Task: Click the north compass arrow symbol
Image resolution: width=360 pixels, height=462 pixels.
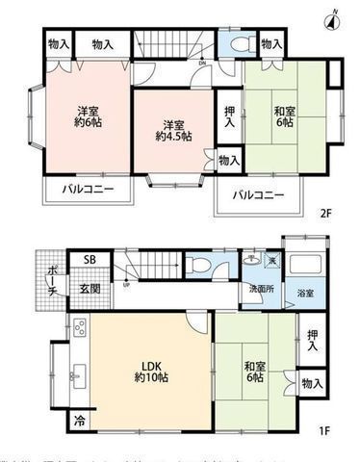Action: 334,16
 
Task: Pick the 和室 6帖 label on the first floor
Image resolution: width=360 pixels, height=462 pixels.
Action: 253,371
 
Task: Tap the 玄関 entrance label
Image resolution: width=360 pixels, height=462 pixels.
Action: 89,288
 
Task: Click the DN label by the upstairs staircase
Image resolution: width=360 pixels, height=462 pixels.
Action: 201,64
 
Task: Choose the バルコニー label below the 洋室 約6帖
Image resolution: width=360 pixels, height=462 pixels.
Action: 88,189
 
